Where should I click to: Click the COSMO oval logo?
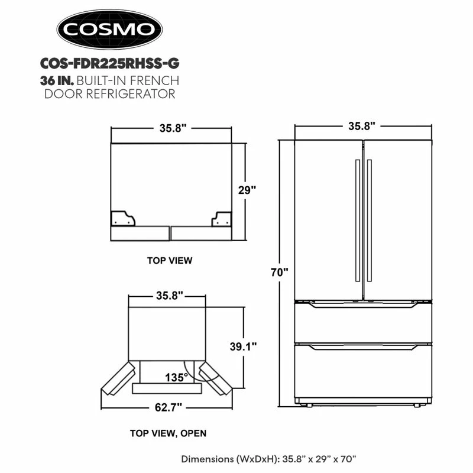click(109, 29)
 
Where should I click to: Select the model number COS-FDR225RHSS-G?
click(110, 63)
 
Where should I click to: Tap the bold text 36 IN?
click(57, 80)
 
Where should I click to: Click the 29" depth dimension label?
click(247, 190)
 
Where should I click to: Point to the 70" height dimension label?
click(279, 273)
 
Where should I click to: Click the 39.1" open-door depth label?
click(243, 346)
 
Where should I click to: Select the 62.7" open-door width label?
click(169, 407)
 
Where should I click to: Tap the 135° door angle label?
click(176, 377)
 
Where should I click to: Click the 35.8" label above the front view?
click(362, 126)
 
